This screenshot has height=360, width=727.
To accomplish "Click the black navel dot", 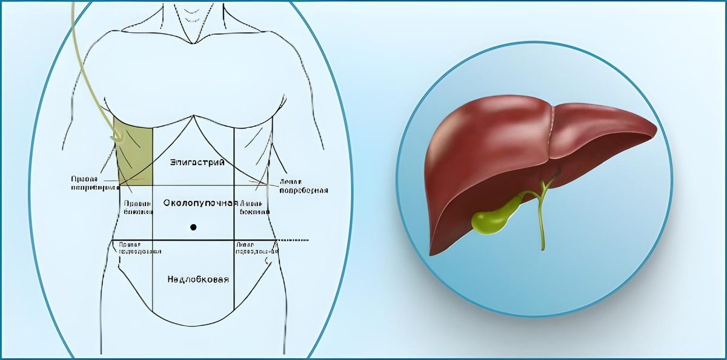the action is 193,227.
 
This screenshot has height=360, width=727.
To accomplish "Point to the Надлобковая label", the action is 198,279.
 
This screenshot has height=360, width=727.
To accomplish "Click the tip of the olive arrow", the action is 111,141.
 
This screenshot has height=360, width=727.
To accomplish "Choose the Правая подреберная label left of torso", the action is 91,184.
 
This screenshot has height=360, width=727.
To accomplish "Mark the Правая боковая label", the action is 134,208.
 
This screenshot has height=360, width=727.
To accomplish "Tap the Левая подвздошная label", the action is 253,248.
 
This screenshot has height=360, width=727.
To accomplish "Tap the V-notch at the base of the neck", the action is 193,42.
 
